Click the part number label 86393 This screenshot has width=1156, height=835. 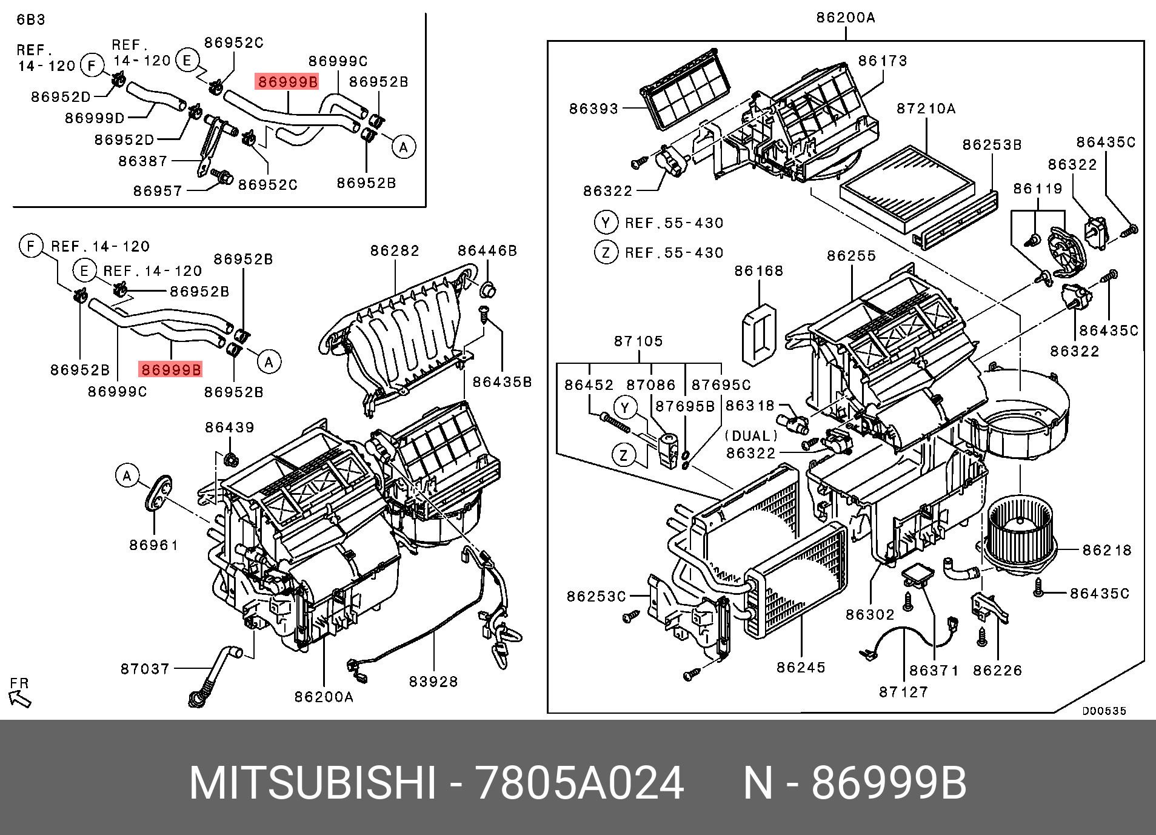(593, 109)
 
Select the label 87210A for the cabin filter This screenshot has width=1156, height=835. (926, 109)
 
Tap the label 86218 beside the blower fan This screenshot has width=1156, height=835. (1107, 550)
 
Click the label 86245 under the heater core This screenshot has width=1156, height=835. (801, 668)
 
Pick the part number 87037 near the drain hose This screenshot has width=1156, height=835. (145, 669)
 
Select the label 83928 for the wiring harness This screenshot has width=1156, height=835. (433, 682)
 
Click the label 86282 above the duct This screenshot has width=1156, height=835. (395, 250)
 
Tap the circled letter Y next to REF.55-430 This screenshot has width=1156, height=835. (606, 223)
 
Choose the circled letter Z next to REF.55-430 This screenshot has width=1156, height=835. (606, 252)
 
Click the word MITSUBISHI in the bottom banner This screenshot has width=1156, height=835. (312, 784)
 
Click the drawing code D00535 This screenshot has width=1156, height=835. (1104, 711)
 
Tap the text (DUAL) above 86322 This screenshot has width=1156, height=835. (751, 436)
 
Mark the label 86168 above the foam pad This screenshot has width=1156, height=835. (759, 270)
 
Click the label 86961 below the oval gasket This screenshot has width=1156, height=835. (154, 545)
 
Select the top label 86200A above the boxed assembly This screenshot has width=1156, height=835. (846, 18)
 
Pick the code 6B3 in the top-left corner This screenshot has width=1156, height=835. (31, 19)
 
